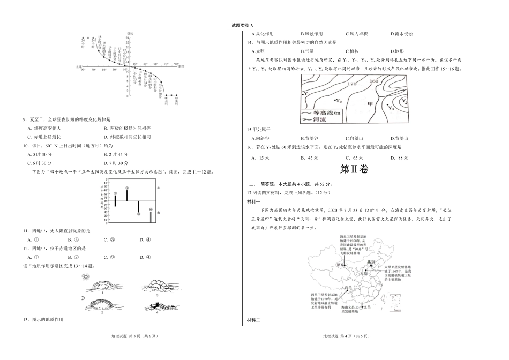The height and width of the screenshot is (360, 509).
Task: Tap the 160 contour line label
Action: pos(374,81)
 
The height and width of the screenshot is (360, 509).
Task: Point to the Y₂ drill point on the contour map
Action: pos(337,101)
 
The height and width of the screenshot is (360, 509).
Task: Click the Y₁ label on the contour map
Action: pos(307,94)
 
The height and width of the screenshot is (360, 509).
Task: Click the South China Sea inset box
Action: pos(396,303)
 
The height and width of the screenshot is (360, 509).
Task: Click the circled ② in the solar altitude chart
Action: pos(127,188)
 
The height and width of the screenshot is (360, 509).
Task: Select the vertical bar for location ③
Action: pos(139,207)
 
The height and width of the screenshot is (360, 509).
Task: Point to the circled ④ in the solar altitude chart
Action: pos(151,209)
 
